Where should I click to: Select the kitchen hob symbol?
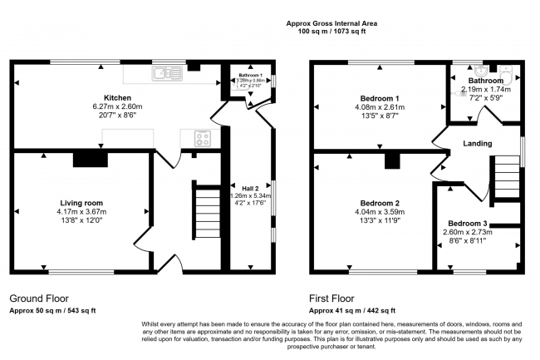coord(202,138)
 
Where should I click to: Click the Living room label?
coord(81,203)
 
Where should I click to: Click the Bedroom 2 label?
coord(379,203)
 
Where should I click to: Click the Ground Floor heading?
coord(39,298)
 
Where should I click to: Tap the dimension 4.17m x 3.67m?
coord(81,213)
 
